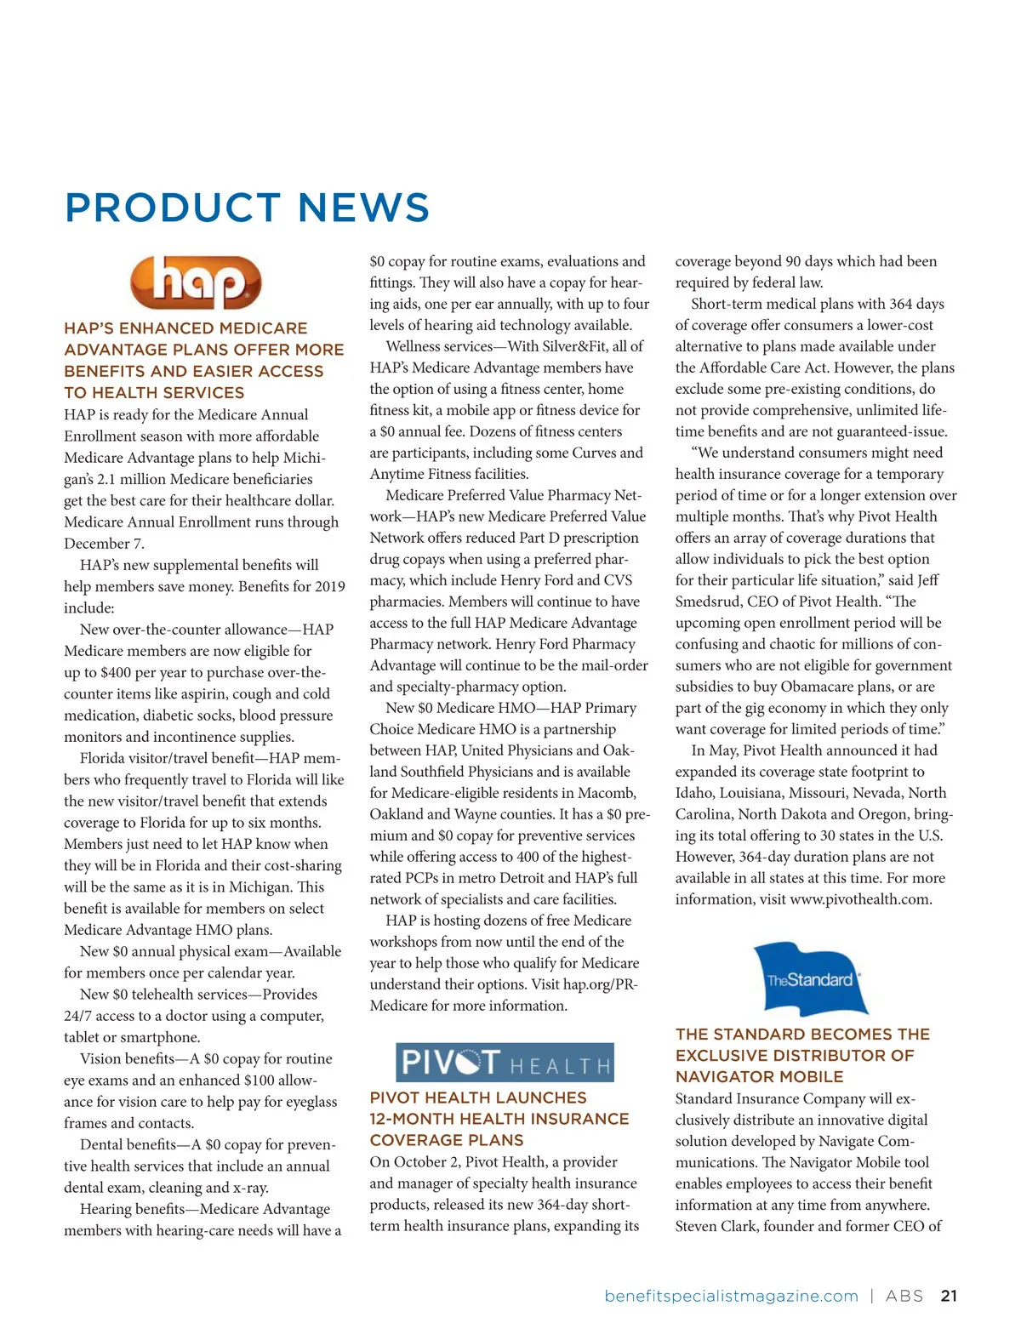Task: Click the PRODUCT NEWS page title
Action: [247, 208]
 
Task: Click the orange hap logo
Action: [196, 282]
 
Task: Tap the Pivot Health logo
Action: [505, 1062]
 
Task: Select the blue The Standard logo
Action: [811, 978]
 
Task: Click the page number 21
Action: [949, 1296]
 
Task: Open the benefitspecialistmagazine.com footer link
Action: [731, 1296]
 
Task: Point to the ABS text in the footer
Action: [904, 1296]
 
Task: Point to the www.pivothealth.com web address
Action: [860, 899]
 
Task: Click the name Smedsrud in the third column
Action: [711, 602]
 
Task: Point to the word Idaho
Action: [694, 793]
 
